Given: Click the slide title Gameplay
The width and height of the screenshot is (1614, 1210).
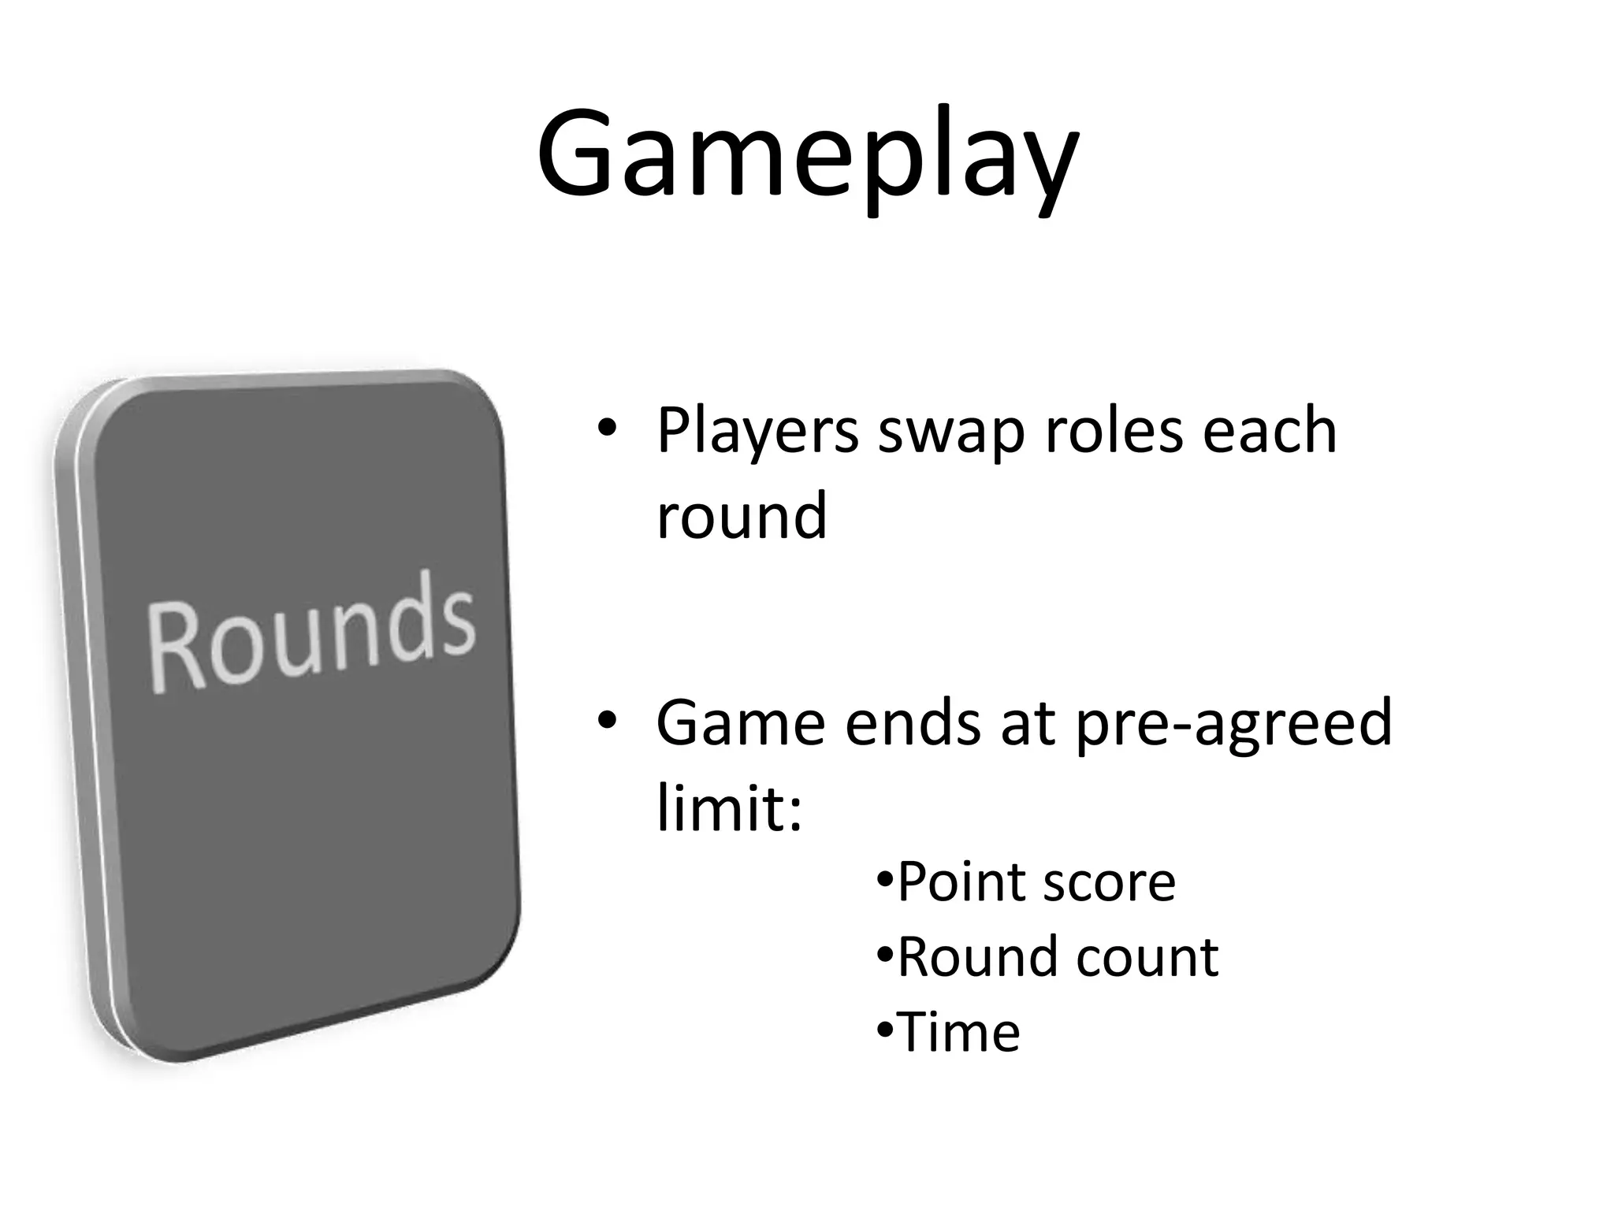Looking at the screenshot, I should (807, 158).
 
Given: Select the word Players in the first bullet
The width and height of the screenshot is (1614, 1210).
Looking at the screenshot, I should (757, 432).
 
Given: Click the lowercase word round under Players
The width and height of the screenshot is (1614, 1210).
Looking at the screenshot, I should (742, 516).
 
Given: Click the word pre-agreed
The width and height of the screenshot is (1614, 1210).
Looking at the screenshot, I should (1233, 725).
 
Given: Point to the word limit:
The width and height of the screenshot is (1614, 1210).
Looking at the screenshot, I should (729, 807).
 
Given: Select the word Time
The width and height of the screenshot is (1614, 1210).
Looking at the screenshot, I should (958, 1032).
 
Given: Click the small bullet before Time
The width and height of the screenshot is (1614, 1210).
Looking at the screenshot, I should (885, 1029).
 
